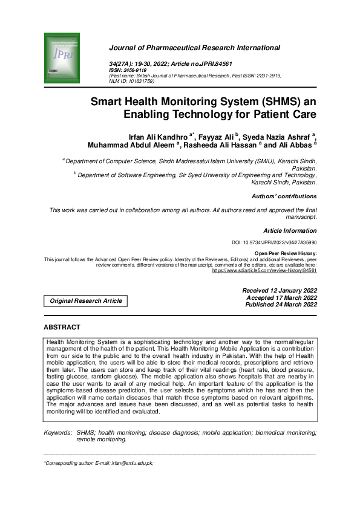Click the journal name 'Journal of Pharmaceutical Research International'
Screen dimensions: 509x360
(194, 48)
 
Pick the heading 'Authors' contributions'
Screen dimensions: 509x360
(284, 196)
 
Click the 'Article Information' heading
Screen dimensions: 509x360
(290, 230)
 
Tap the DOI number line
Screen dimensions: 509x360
(274, 242)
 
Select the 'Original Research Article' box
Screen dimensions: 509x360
(85, 300)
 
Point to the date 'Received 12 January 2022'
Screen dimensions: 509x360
(279, 291)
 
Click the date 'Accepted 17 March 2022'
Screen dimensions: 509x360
(281, 298)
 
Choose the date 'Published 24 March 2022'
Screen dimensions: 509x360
(281, 305)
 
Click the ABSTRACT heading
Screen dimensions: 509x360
(62, 327)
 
